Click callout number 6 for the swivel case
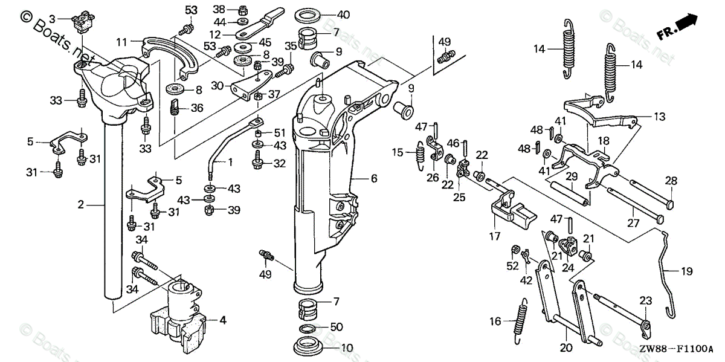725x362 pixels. [x=374, y=179]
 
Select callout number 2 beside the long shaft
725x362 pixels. [x=80, y=205]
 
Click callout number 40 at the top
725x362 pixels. [x=343, y=14]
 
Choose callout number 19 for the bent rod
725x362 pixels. [x=688, y=271]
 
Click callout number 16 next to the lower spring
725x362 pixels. [x=495, y=322]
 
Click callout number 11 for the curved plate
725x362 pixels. [x=121, y=42]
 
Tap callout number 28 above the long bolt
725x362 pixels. [x=671, y=180]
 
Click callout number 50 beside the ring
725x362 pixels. [x=337, y=327]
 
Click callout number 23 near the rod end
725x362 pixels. [x=646, y=300]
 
